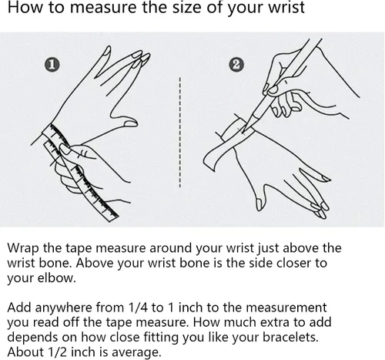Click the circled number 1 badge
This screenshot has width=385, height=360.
(52, 65)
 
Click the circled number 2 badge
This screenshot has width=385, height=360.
(236, 65)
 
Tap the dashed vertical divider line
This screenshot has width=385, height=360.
(180, 132)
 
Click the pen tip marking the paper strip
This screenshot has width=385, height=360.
(243, 131)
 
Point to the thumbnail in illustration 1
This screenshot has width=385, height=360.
(131, 124)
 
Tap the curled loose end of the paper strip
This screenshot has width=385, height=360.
(209, 161)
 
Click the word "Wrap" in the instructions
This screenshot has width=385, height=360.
(23, 248)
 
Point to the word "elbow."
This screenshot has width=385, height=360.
(57, 278)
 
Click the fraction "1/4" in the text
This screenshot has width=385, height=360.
(139, 308)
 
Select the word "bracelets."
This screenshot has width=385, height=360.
(290, 337)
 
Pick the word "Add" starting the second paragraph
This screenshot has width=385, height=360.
(19, 308)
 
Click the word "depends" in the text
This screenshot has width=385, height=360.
(32, 338)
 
